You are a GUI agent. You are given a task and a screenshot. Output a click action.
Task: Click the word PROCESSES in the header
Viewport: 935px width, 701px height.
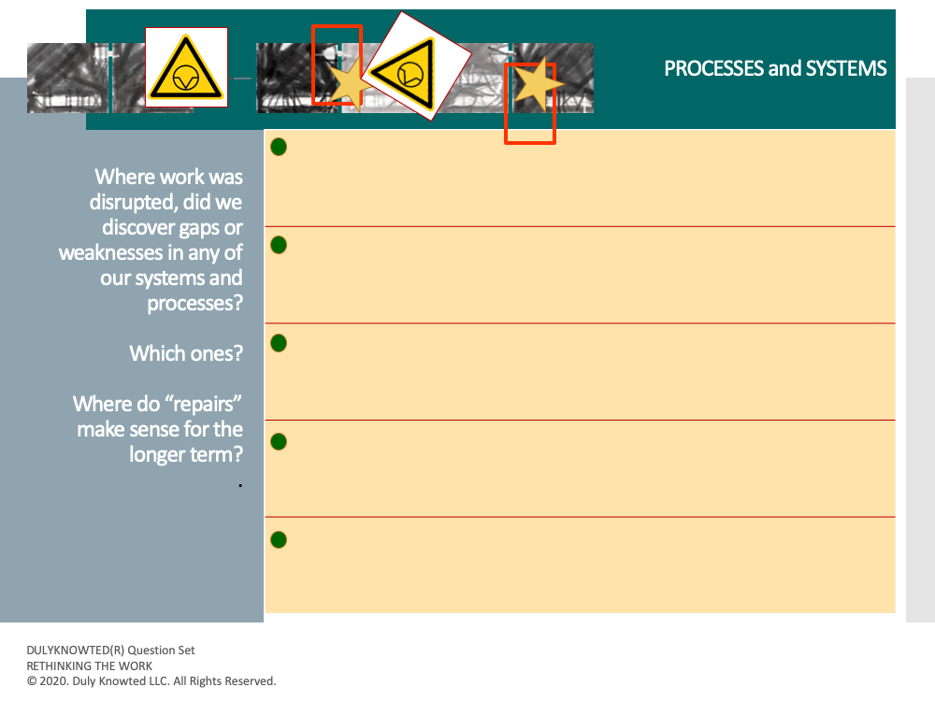pos(714,68)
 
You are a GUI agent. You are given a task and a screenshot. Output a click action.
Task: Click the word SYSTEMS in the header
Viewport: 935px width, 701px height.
pos(846,68)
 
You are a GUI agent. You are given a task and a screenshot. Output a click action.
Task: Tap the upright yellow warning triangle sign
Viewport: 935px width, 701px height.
pos(186,67)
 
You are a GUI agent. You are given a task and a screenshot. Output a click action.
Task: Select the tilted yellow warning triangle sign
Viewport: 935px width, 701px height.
pos(416,66)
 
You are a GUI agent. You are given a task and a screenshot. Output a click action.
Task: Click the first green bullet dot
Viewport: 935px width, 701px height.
pos(279,147)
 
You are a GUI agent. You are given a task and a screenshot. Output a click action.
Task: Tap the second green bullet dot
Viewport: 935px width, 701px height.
pos(279,245)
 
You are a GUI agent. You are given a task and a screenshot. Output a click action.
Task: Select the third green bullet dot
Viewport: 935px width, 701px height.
pos(279,343)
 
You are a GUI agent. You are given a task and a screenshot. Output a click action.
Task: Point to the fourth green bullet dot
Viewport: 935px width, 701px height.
pos(279,442)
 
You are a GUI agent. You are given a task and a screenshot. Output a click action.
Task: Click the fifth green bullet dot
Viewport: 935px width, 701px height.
pos(279,540)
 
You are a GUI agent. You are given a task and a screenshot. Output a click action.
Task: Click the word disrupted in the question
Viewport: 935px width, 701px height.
pos(133,203)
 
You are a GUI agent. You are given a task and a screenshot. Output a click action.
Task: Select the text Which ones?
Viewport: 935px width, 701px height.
pos(186,353)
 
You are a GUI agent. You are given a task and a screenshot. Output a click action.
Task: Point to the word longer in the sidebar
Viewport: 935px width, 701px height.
pos(157,455)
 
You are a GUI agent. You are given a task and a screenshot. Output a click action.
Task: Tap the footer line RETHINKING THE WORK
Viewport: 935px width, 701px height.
pos(90,665)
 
